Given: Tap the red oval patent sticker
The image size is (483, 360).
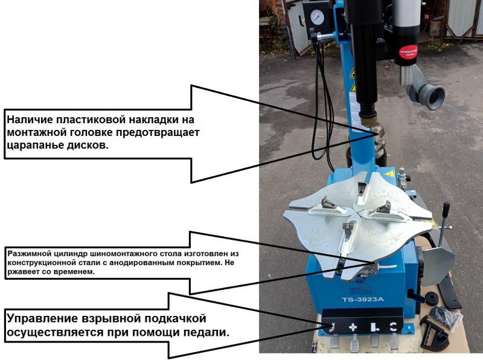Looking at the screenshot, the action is click(x=409, y=52).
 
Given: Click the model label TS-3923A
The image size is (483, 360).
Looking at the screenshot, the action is click(x=363, y=299).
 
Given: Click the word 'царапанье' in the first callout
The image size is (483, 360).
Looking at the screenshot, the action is click(x=34, y=146).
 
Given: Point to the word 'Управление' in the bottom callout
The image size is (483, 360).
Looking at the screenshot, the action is click(x=42, y=318).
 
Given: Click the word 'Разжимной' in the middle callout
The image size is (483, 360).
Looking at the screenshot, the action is click(x=27, y=254).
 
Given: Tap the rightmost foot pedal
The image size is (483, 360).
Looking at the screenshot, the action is click(x=394, y=342).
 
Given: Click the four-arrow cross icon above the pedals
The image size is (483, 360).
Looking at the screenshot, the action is click(x=353, y=327).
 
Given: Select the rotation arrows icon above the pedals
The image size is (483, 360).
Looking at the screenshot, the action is click(x=393, y=327).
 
